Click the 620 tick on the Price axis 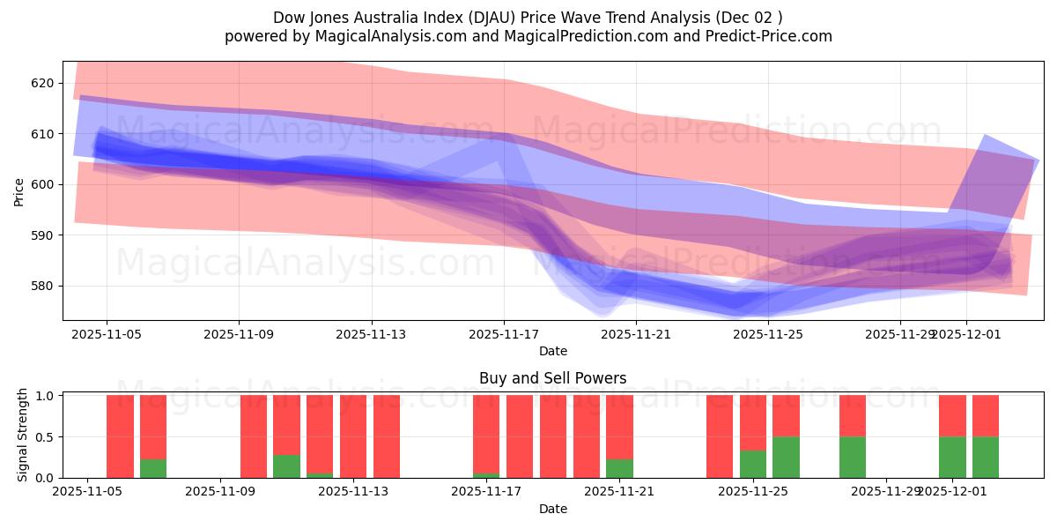tap(43, 83)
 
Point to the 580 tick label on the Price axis tap(43, 286)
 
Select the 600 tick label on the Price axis tap(43, 184)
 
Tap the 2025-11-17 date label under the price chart tap(504, 334)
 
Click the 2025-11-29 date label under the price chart tap(900, 334)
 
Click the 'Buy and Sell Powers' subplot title tap(552, 378)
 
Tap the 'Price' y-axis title tap(19, 191)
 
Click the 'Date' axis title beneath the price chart tap(552, 351)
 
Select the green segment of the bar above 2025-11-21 tap(619, 468)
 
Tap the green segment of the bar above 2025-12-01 tap(952, 457)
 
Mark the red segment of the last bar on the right tap(985, 415)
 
